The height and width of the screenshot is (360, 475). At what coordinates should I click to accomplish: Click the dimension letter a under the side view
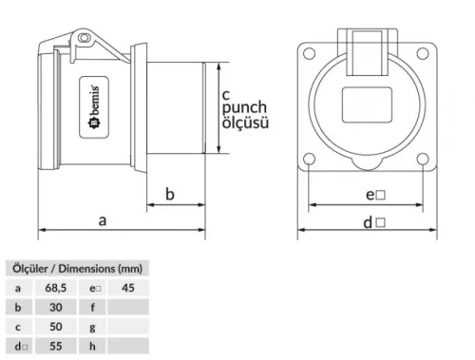tap(103, 219)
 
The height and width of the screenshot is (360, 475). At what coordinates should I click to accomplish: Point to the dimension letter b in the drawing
tap(170, 194)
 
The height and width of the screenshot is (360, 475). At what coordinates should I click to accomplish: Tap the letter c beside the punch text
tap(226, 95)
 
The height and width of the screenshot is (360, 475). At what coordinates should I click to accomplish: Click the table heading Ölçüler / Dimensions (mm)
tap(76, 268)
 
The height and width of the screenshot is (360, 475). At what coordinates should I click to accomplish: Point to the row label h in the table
tap(94, 347)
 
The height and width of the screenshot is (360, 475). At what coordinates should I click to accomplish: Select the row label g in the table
tap(94, 327)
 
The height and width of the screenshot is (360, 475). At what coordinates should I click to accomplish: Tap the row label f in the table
tap(94, 307)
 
